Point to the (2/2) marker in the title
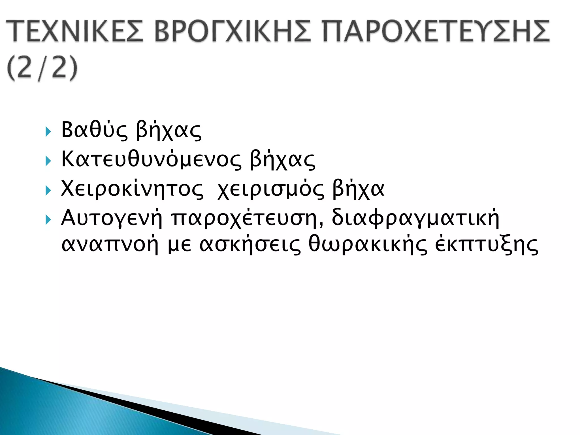coord(42,69)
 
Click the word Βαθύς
coord(94,130)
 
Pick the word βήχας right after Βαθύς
coord(169,131)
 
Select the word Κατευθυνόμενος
coord(152,160)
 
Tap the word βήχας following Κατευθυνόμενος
coord(283,160)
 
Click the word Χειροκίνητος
coord(132,189)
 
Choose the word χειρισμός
coord(270,189)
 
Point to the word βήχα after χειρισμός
coord(358,189)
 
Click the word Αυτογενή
coord(112,219)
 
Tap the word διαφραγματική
coord(415,219)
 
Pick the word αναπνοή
coord(110,245)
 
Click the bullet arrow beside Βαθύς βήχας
coord(48,132)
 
